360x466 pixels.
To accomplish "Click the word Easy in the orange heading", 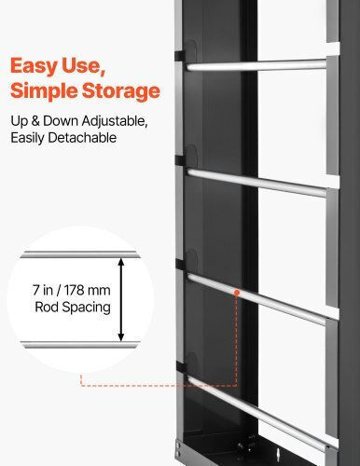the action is tap(34, 67).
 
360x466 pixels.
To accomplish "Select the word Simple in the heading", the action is tap(44, 91).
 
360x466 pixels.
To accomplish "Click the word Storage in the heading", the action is tap(121, 91).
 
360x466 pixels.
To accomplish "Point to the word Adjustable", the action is tap(115, 121).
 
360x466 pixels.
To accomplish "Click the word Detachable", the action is tap(82, 138).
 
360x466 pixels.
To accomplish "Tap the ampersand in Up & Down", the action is tap(35, 121).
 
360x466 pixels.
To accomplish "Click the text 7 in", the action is tap(43, 290).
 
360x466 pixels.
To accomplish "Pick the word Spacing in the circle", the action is tap(87, 308).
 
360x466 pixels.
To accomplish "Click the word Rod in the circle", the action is tap(47, 307).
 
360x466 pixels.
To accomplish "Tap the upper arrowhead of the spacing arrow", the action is tap(121, 262).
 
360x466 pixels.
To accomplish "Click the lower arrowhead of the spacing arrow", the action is tap(121, 336).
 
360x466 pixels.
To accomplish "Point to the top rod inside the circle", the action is tap(80, 254).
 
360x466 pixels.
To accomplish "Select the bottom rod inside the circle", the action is tap(80, 345).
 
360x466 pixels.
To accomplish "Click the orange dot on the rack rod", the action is tap(237, 293).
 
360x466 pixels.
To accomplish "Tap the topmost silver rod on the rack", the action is tap(256, 65).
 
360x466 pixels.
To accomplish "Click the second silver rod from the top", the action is tap(256, 183).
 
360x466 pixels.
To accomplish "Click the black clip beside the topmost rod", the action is tap(180, 56).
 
